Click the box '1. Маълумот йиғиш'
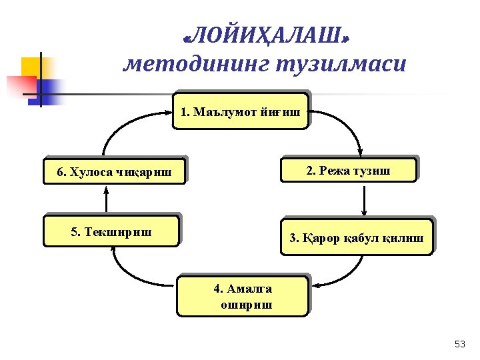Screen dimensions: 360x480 click(241, 111)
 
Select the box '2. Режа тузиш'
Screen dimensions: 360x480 click(349, 170)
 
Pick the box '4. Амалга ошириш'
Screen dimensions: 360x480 click(243, 296)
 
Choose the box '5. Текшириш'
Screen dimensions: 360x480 click(111, 231)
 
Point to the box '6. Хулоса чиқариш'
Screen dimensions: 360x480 click(113, 172)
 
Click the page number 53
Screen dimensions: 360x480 click(459, 344)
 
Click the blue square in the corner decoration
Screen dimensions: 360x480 click(48, 88)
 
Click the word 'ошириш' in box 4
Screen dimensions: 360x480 click(245, 304)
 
